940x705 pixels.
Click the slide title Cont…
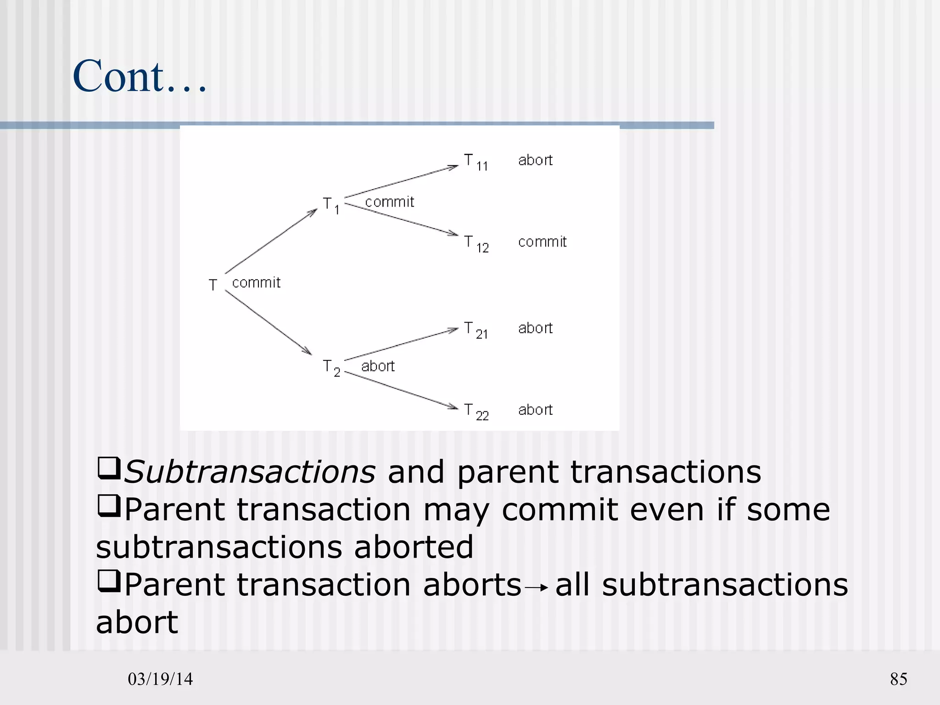[x=140, y=76]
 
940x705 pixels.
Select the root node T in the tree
[x=213, y=285]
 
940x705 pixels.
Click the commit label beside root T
[x=256, y=283]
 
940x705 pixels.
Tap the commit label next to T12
[x=542, y=242]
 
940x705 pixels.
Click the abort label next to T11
[x=535, y=160]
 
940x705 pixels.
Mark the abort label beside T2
[x=378, y=366]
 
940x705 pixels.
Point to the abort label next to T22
[x=535, y=410]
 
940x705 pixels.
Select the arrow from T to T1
[x=271, y=241]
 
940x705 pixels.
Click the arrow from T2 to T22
[x=401, y=390]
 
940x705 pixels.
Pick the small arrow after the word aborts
[x=538, y=587]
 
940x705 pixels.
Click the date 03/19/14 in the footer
[x=160, y=679]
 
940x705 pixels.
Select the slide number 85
[x=898, y=679]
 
